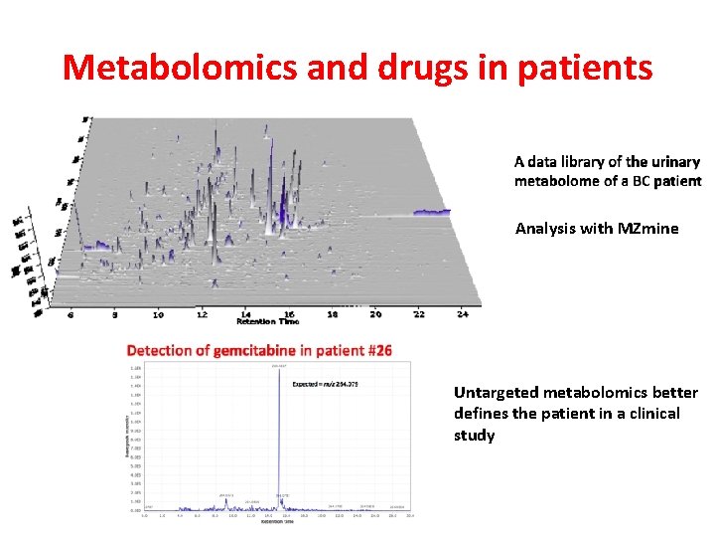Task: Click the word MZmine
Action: (647, 228)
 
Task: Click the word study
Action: (474, 435)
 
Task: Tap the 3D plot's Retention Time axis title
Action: (267, 322)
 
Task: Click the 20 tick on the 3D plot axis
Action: (375, 314)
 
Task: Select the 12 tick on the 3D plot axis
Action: (202, 314)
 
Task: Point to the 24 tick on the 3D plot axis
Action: (462, 314)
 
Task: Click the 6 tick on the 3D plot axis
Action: (71, 314)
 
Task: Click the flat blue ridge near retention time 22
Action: (431, 212)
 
